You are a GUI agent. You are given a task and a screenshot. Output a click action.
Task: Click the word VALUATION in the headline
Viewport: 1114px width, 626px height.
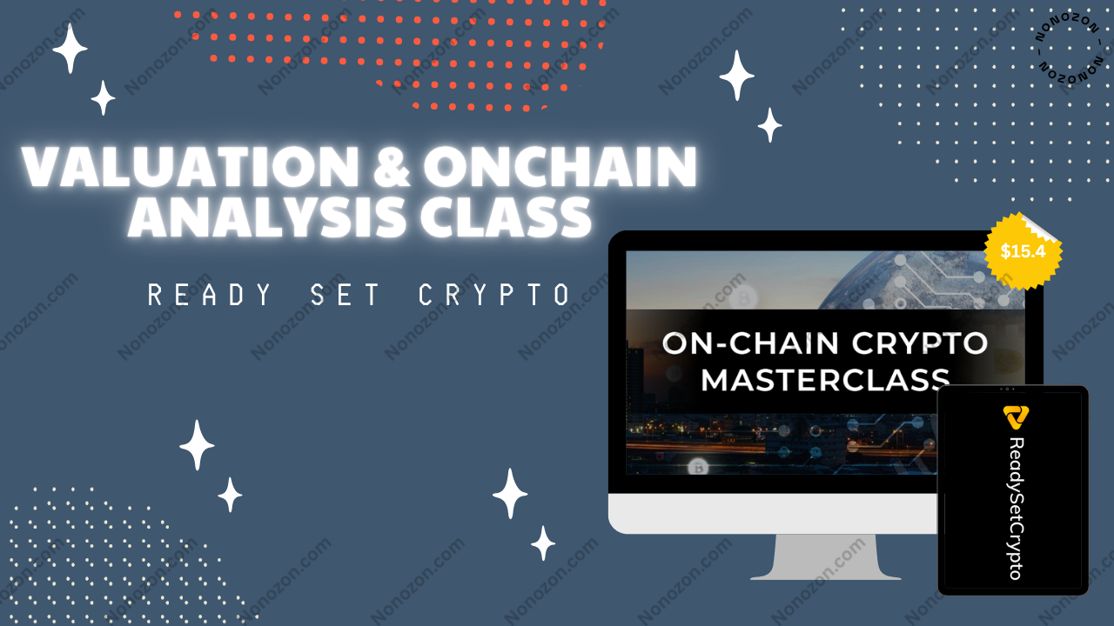[x=190, y=166]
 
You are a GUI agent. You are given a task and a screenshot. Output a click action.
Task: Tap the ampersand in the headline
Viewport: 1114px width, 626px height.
[x=392, y=166]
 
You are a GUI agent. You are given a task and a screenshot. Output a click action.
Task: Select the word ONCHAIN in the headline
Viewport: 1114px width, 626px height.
[x=560, y=166]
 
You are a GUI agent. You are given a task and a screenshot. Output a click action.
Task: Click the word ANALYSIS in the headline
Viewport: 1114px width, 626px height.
[x=267, y=217]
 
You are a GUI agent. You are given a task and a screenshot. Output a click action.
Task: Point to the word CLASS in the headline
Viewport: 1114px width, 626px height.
[x=506, y=217]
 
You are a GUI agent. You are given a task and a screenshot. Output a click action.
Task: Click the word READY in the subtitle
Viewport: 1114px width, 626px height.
[x=210, y=295]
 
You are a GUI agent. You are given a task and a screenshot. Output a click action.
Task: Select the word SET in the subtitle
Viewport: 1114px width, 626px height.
[x=345, y=295]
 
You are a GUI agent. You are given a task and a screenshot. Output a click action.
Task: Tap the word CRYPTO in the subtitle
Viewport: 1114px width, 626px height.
[x=493, y=295]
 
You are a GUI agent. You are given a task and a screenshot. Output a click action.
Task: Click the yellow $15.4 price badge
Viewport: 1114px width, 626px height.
[x=1023, y=251]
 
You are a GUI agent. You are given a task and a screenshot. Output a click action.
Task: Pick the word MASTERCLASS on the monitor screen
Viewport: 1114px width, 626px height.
[x=826, y=380]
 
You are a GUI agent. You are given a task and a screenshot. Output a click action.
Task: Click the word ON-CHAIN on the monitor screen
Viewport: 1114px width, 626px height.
[x=750, y=343]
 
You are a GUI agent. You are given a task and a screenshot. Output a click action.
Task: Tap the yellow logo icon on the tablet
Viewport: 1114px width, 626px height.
[x=1015, y=417]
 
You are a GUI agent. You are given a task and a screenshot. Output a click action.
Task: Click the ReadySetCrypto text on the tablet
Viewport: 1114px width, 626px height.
[x=1015, y=509]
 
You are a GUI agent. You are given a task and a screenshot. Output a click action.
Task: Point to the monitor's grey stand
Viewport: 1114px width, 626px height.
[x=826, y=556]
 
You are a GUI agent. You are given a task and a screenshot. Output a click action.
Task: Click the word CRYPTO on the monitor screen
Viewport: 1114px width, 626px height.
[x=920, y=343]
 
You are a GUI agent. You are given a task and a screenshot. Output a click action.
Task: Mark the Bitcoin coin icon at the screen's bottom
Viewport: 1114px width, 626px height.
[x=699, y=468]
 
